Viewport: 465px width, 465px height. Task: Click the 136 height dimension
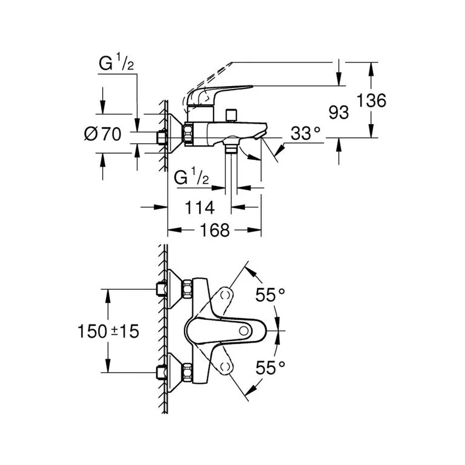(x=371, y=100)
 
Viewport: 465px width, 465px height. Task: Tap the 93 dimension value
(x=339, y=113)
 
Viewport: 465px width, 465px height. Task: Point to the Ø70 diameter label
(x=103, y=134)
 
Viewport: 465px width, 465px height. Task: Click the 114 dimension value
(x=199, y=207)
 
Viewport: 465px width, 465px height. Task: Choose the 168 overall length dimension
(x=215, y=230)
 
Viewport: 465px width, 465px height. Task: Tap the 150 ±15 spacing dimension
(x=108, y=331)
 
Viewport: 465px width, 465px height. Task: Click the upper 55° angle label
(x=270, y=295)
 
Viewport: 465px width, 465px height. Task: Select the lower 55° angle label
(x=270, y=368)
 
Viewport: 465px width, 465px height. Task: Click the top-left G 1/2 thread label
(x=116, y=63)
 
